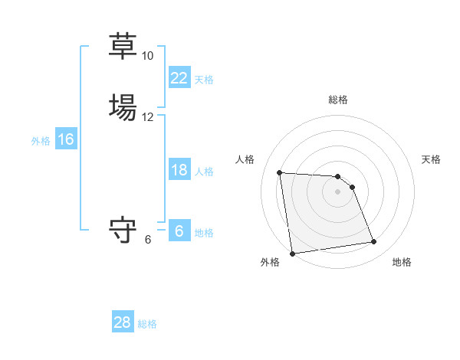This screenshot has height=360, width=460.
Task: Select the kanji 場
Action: [x=123, y=108]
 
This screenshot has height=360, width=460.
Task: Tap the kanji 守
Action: [x=123, y=231]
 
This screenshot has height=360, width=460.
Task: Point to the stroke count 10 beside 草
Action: [x=147, y=56]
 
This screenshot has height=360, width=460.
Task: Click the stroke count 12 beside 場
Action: [x=147, y=117]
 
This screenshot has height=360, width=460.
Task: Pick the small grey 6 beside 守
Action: [x=148, y=240]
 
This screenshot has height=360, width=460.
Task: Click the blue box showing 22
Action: [x=179, y=78]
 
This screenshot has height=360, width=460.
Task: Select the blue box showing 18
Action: [x=179, y=170]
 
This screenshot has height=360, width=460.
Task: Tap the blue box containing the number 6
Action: [x=179, y=231]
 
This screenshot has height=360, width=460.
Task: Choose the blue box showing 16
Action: [x=65, y=139]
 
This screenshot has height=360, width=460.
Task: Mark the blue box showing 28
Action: [x=122, y=322]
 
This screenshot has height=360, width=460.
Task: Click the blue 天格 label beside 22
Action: [x=204, y=80]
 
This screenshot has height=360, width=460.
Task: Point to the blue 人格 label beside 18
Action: [x=204, y=172]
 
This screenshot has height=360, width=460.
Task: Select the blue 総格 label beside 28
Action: [x=147, y=324]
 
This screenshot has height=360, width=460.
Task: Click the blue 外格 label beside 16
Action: [x=40, y=141]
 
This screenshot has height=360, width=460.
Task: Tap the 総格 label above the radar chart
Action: [x=337, y=100]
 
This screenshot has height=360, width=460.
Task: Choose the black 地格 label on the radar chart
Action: [x=402, y=262]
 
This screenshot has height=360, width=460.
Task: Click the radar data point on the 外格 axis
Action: [x=292, y=253]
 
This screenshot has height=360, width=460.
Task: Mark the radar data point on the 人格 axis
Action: [x=280, y=172]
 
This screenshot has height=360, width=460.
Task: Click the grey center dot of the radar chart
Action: [x=337, y=191]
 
